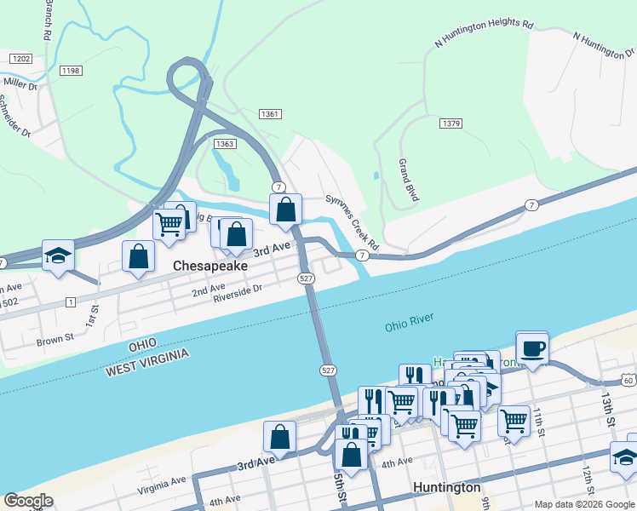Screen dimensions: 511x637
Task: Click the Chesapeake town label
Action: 210,266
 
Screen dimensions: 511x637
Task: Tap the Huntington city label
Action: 447,488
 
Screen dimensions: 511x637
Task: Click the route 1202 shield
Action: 21,58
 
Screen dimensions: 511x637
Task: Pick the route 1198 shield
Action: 71,71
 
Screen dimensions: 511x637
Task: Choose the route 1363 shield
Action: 225,144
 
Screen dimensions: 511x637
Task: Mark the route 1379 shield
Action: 451,124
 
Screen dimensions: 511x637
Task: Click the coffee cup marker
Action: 532,348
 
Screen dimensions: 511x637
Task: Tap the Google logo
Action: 29,501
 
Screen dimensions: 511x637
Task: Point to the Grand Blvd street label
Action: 409,180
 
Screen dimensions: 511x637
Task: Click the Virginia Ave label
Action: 162,486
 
